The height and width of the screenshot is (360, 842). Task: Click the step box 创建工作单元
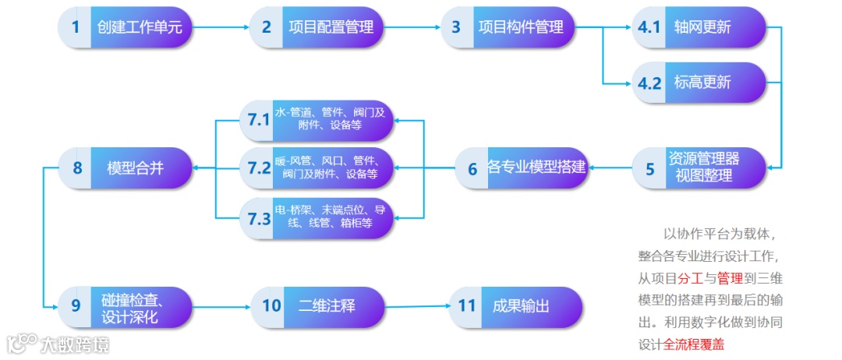pos(125,27)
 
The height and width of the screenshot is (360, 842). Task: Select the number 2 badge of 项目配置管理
pos(267,27)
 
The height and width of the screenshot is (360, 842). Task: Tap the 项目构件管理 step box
pos(507,27)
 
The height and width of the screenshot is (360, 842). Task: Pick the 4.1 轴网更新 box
pos(686,27)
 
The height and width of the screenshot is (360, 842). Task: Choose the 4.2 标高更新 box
pos(686,83)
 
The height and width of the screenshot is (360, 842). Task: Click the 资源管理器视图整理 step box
pos(686,168)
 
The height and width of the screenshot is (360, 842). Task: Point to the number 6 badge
pos(472,168)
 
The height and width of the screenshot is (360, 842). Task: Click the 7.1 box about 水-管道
pos(316,120)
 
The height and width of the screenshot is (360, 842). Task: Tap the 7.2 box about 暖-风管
pos(316,168)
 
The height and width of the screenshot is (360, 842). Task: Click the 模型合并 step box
pos(125,168)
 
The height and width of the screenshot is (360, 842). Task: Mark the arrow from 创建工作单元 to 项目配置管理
pos(221,27)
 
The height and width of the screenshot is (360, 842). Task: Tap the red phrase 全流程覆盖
pos(693,344)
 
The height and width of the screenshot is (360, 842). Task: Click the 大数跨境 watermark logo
pos(58,344)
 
